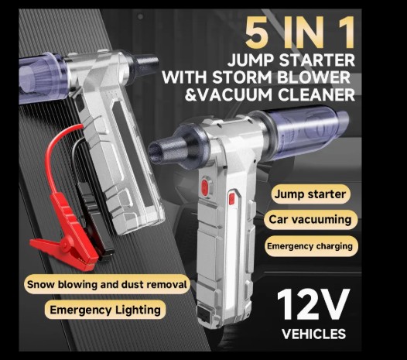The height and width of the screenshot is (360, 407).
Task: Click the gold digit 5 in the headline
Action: coord(257,33)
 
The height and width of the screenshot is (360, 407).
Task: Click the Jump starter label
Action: coord(310,194)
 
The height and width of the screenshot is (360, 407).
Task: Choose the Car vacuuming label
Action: coord(310,219)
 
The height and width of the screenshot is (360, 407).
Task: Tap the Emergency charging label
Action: coord(310,246)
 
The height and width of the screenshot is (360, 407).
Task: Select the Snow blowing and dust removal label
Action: coord(107,284)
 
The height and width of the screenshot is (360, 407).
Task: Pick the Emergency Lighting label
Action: coord(105,310)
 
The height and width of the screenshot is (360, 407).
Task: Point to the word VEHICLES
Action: coord(314,334)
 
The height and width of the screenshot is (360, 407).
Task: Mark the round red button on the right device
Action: coord(205,186)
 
